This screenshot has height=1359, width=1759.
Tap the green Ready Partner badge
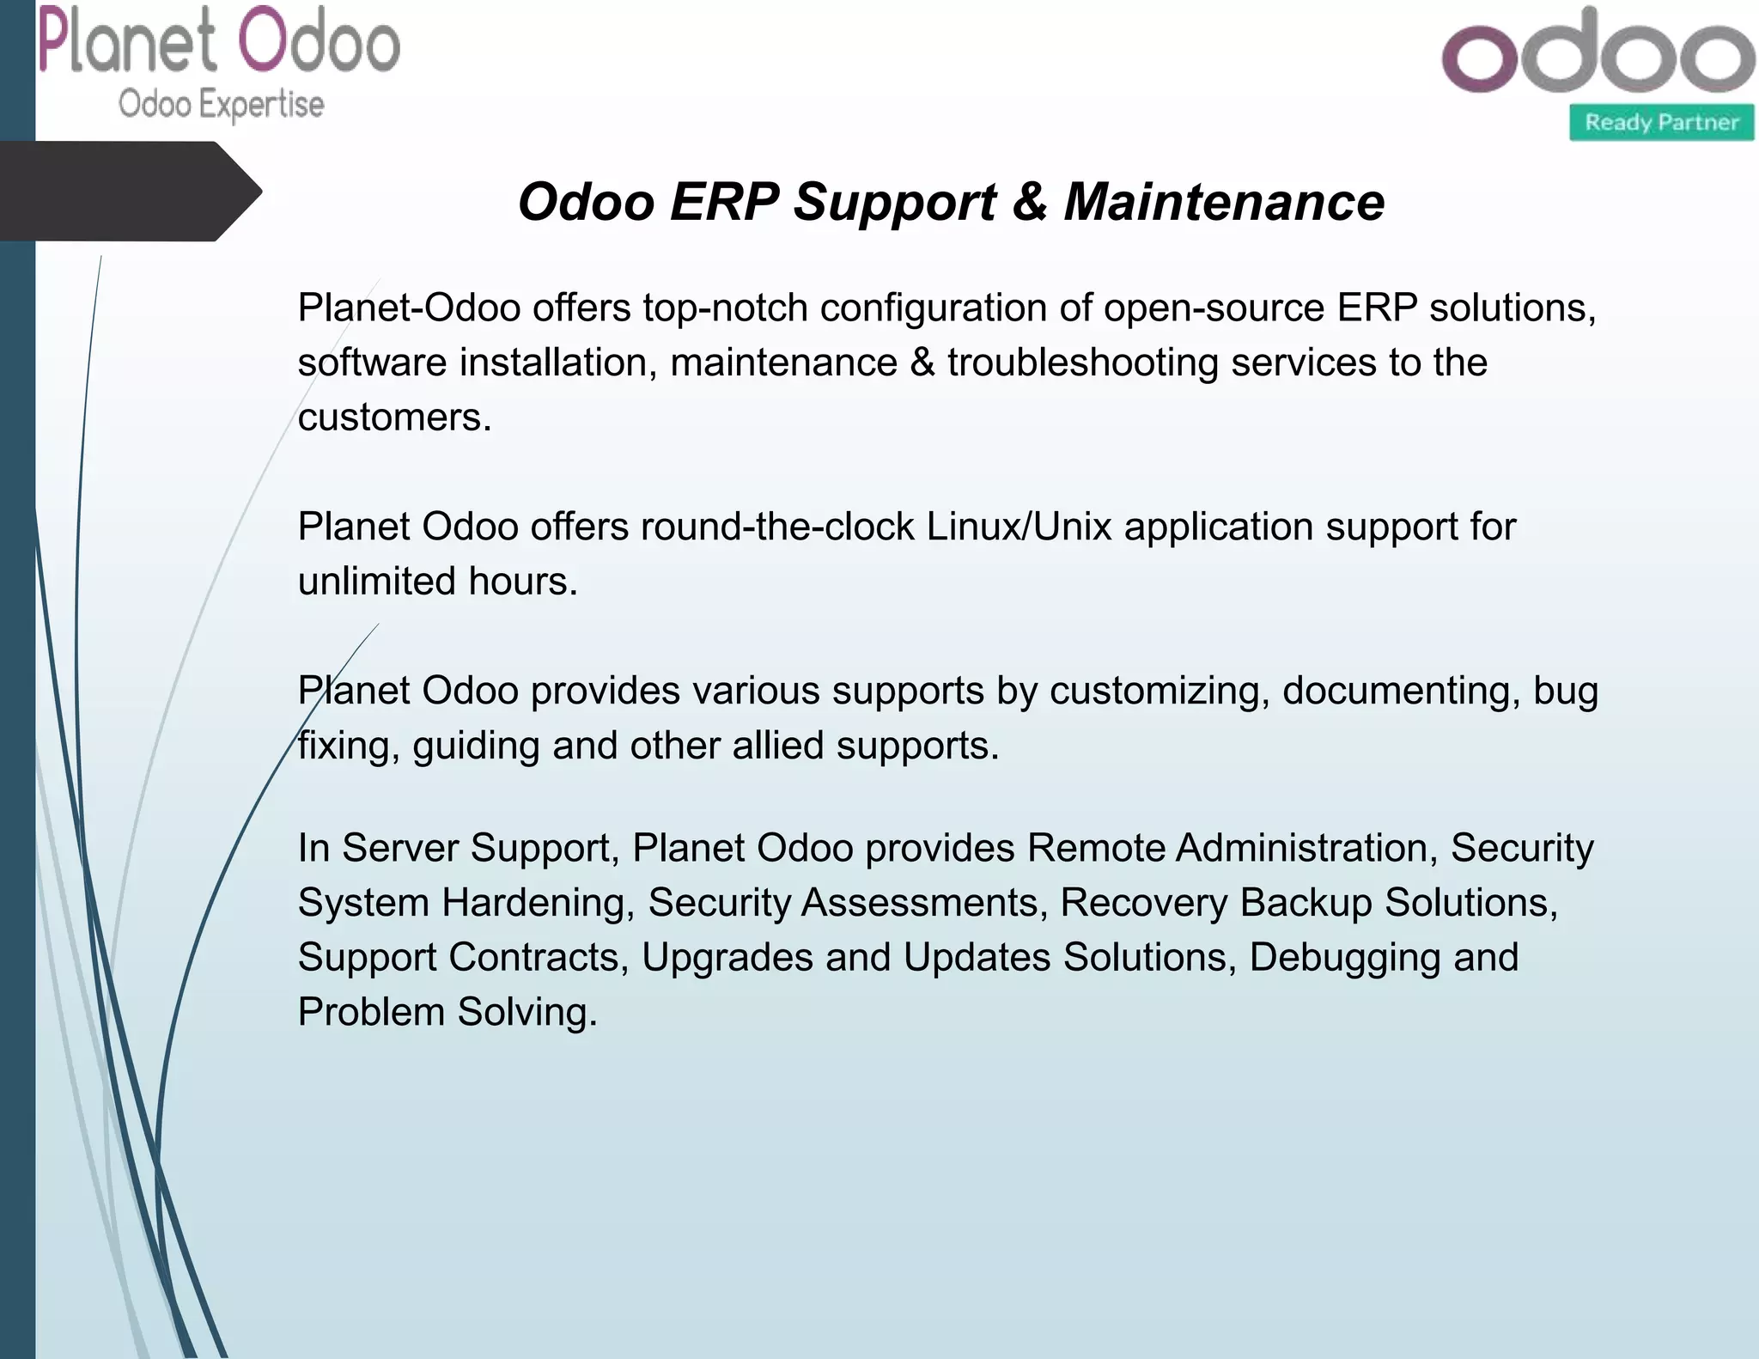coord(1661,122)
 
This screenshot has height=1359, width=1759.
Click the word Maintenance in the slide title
coord(1224,203)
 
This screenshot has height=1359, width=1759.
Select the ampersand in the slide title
coord(1030,203)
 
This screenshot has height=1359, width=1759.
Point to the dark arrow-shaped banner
coord(129,191)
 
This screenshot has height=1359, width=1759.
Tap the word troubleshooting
coord(1083,363)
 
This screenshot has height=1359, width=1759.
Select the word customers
coord(394,418)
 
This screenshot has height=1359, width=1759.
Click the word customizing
coord(1159,692)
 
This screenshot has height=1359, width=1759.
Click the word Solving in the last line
coord(526,1013)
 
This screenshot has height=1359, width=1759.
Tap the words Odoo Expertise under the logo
coord(222,105)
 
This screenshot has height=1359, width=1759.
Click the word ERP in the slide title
coord(724,203)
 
